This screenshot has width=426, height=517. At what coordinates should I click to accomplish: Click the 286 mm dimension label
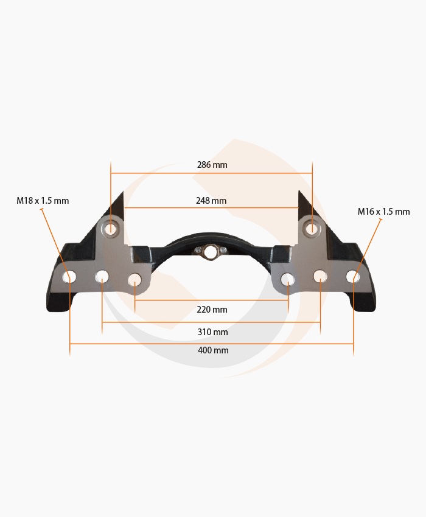tap(212, 165)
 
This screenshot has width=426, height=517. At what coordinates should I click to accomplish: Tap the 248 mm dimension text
tap(211, 201)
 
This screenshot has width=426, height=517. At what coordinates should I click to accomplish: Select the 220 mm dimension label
tap(212, 310)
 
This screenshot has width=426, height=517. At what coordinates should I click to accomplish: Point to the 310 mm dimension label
tap(212, 331)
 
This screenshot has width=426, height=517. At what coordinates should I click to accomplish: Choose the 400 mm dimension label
tap(213, 350)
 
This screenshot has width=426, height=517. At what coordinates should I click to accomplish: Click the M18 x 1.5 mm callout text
tap(43, 201)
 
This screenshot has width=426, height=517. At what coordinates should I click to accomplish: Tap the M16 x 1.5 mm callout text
tap(384, 211)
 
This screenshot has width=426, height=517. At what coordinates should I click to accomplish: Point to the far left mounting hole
tap(70, 277)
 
